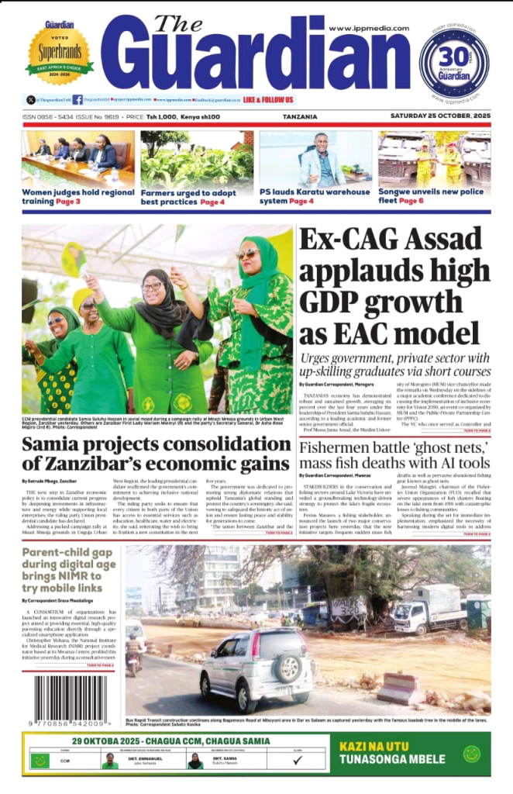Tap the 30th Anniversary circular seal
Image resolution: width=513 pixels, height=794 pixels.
coord(454,62)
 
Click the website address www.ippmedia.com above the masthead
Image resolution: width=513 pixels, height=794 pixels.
coord(369,29)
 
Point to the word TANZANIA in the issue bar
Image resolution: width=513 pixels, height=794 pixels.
coord(301,117)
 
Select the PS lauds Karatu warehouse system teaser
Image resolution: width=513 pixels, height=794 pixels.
coord(315,196)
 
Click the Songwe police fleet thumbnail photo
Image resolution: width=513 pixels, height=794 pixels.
coord(434,158)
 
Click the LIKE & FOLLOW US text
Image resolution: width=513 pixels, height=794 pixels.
coord(268,100)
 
